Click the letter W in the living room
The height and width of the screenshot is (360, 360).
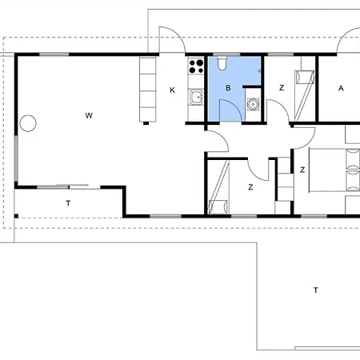pos(89,115)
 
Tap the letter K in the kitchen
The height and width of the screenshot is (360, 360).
pos(172,90)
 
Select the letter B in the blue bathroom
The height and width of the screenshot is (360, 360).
pos(228,88)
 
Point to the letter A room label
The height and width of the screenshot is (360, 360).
pos(341,88)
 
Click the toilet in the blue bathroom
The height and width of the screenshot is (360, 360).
pos(222,63)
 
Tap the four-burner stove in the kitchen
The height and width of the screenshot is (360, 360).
pos(196,66)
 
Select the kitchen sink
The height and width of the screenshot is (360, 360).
pos(197,98)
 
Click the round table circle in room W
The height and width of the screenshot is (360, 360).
pos(28,123)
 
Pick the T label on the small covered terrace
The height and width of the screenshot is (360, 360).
pos(68,203)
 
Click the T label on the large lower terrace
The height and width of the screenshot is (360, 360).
pos(316,290)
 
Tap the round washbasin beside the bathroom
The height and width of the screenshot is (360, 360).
pos(253,104)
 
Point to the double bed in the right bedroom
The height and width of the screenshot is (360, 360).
pos(334,170)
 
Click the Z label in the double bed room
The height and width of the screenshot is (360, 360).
pos(302,170)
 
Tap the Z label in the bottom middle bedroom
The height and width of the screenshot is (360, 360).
pos(250,187)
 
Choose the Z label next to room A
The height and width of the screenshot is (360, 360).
pos(282,88)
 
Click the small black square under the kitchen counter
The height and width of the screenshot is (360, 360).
pos(146,123)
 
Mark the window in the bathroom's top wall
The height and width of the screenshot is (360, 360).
pos(226,54)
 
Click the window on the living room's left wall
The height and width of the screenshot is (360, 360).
pos(16,158)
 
